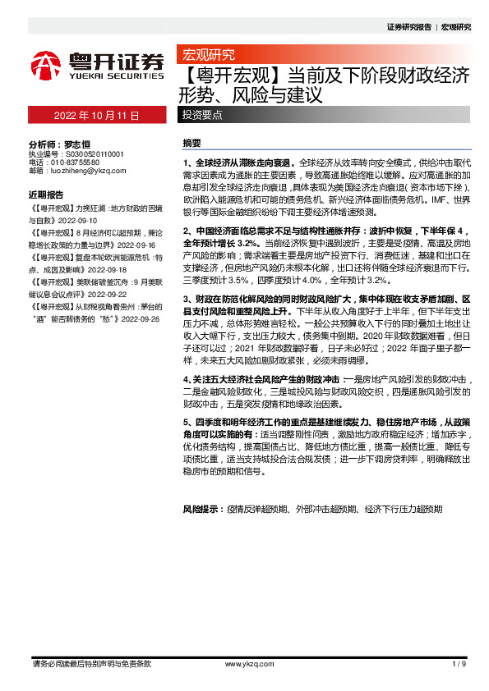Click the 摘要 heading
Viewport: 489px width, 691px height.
point(191,143)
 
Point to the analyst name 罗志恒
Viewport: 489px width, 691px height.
point(76,142)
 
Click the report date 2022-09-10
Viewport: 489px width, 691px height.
point(77,221)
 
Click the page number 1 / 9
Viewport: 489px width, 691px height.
point(459,662)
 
